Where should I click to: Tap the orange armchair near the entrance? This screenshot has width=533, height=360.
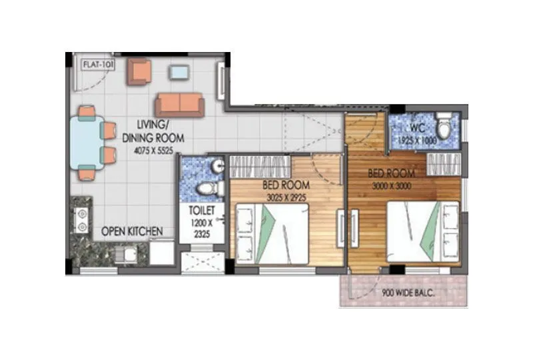pyautogui.click(x=141, y=71)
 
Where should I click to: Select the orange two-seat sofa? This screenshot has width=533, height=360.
pyautogui.click(x=180, y=105)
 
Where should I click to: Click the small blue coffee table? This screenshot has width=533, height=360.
pyautogui.click(x=179, y=71)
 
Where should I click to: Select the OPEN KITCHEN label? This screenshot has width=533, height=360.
pyautogui.click(x=131, y=231)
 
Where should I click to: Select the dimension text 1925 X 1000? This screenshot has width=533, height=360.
pyautogui.click(x=418, y=141)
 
